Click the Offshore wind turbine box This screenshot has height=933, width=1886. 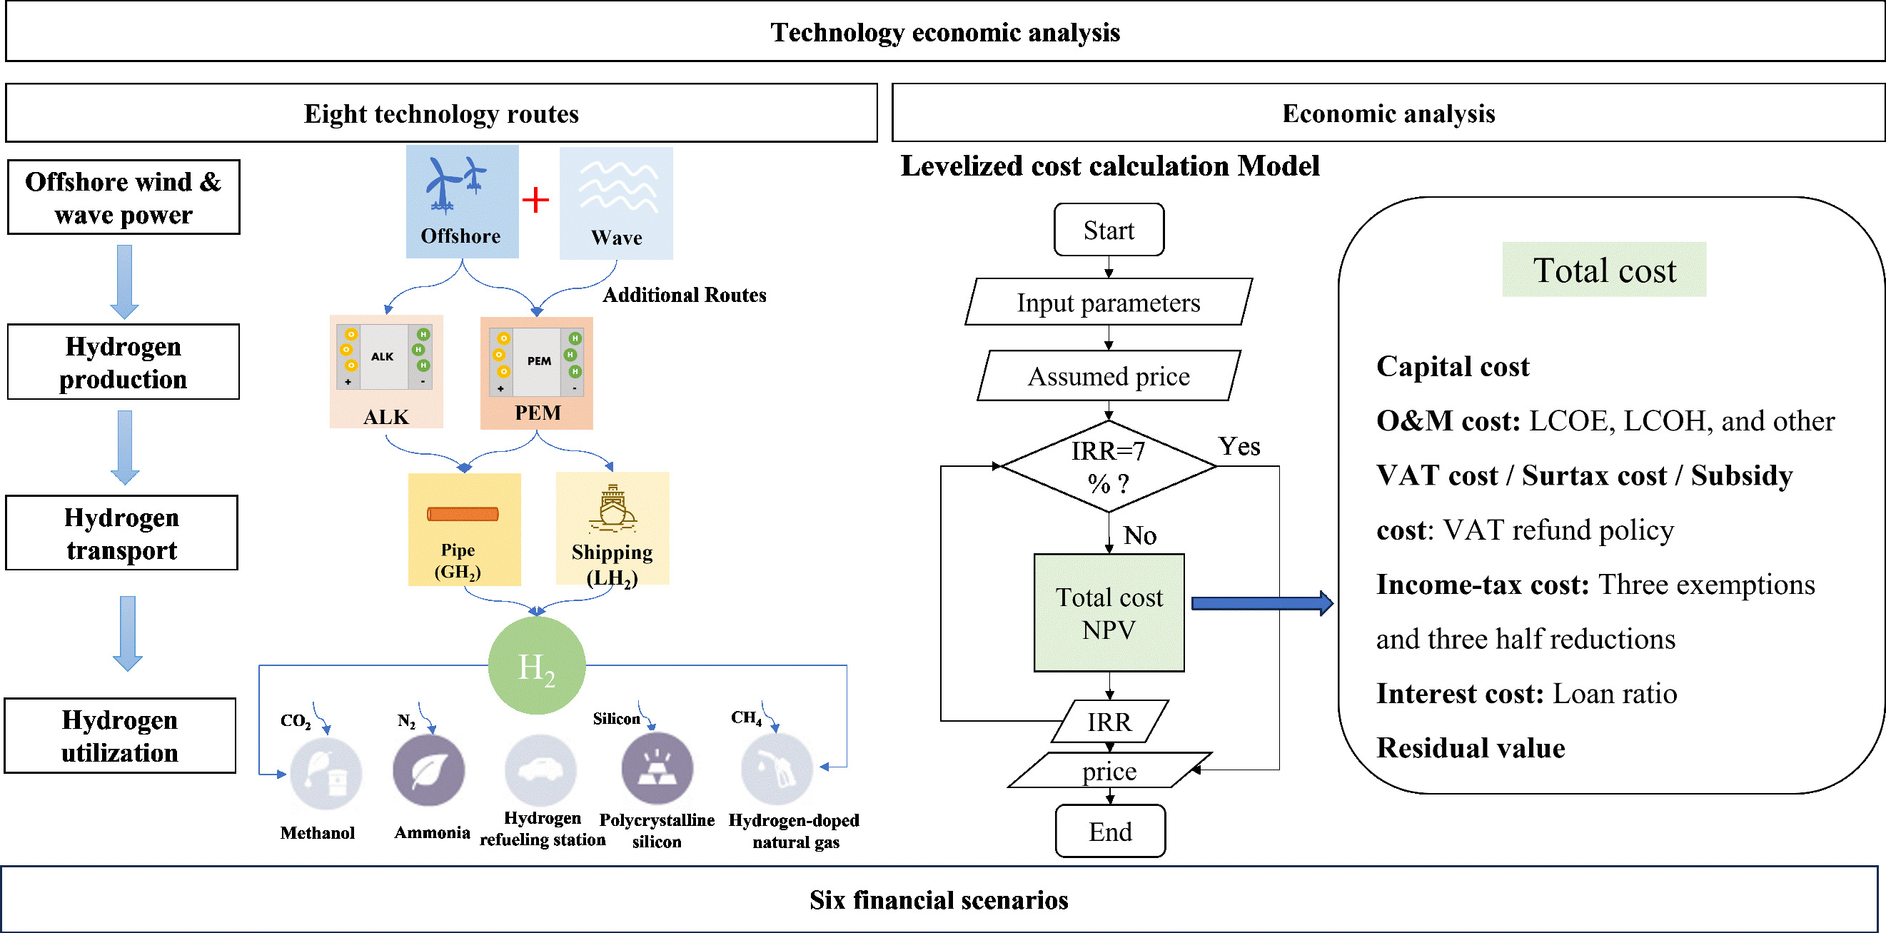pos(462,201)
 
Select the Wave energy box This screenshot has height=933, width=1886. pos(616,203)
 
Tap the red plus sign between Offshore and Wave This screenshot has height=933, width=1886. pos(536,199)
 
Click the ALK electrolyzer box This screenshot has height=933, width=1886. pos(386,371)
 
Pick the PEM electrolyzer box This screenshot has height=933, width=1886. pos(536,373)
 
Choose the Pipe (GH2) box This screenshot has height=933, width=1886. pos(464,529)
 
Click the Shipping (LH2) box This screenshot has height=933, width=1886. pos(612,528)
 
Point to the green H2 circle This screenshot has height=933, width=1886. pos(537,665)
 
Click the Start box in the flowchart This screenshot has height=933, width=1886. pos(1109,230)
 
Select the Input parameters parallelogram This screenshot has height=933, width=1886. pos(1109,302)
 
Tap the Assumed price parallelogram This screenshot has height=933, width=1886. pos(1109,375)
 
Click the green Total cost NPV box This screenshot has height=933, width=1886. pos(1109,612)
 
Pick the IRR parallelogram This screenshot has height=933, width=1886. pos(1109,722)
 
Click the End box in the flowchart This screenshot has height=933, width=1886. pos(1110,831)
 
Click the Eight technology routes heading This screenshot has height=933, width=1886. pos(441,113)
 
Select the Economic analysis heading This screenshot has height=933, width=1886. pos(1388,113)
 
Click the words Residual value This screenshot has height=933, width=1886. pos(1470,747)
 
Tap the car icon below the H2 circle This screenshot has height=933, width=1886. pos(540,770)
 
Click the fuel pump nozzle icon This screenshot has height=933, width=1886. pos(777,767)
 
